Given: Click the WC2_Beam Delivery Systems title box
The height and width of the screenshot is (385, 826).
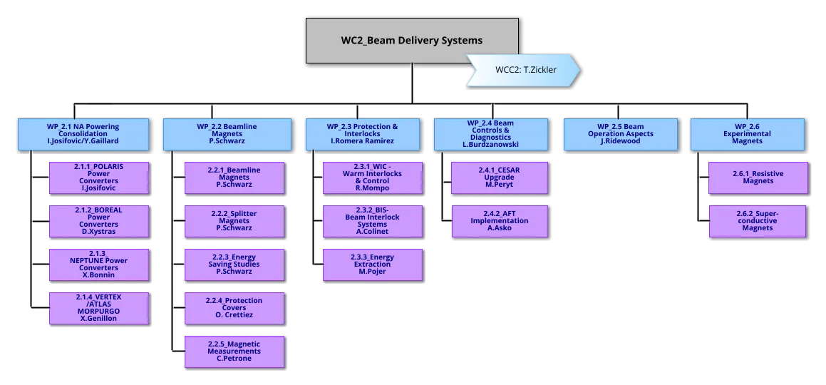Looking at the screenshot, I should point(412,40).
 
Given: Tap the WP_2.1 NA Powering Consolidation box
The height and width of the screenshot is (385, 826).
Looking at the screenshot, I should point(83,134).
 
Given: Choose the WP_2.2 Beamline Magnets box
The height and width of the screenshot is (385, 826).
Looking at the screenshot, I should point(227,134).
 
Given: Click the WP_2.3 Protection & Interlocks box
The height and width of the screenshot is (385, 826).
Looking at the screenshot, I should point(362,134).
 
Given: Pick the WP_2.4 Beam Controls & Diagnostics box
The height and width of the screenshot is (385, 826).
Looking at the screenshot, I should point(491,134).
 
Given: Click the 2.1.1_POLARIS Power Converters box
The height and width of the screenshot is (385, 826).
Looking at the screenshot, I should point(99,178).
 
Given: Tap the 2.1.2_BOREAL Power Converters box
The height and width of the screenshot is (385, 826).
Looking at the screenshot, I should point(99,222).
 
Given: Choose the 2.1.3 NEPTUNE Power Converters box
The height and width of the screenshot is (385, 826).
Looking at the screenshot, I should point(99,265).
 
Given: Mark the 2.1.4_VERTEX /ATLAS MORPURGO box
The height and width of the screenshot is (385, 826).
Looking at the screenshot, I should point(99,308).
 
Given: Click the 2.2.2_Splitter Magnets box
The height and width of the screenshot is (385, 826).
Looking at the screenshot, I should point(234,221).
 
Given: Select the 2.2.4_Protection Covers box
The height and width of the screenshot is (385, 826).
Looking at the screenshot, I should point(234,308).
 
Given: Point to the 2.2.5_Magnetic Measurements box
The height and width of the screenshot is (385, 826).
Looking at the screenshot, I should point(234,351).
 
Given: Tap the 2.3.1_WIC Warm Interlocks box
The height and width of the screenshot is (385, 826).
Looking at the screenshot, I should point(372,178).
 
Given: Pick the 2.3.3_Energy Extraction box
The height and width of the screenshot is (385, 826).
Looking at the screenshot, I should point(372,265).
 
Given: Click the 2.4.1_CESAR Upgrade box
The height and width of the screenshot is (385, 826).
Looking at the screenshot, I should point(500,178).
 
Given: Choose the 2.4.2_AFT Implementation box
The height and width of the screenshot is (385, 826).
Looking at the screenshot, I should point(500,221).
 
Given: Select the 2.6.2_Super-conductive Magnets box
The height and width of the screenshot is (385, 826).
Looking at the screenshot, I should point(758,221).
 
